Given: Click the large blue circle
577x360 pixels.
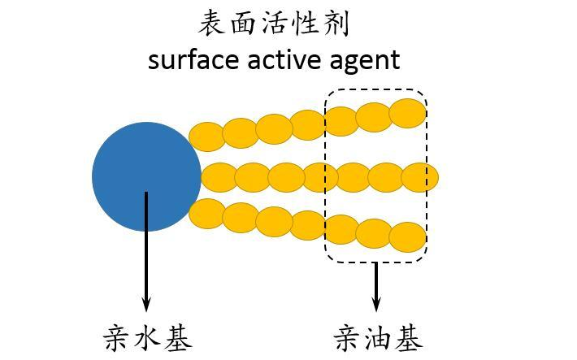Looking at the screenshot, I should click(x=146, y=176).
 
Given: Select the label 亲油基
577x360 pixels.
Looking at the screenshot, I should click(x=378, y=336).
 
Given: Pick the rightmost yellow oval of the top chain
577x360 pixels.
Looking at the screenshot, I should click(x=407, y=112).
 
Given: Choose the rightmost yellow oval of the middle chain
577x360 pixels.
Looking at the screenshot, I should click(x=420, y=176).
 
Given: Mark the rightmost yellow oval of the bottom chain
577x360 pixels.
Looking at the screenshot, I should click(x=407, y=236).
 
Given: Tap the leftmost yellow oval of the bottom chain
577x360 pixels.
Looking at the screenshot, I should click(x=206, y=213).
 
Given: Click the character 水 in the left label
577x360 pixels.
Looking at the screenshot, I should click(x=148, y=336).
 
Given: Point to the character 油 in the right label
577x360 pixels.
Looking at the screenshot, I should click(x=378, y=336).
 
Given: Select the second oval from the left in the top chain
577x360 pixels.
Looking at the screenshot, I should click(x=241, y=132).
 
